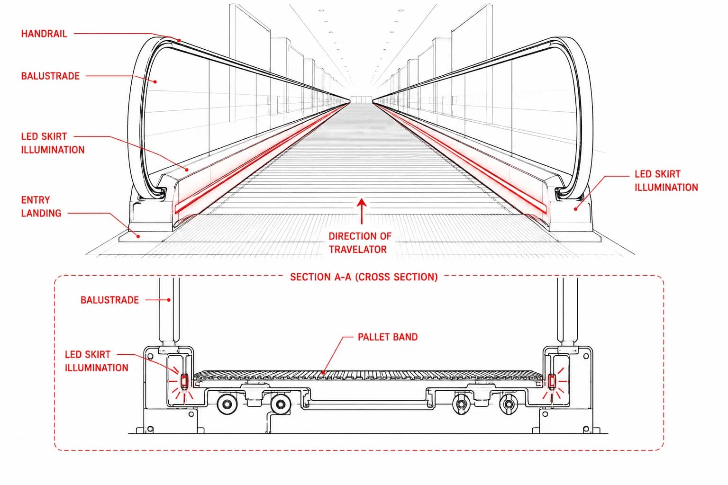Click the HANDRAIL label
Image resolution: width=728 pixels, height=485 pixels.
[x=44, y=34]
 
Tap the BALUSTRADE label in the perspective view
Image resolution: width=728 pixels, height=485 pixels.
[x=50, y=76]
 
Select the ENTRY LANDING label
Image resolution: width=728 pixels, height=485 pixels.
[x=41, y=207]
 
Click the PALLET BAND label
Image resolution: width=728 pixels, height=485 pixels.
[x=388, y=337]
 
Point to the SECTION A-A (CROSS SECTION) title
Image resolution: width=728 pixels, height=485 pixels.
[x=364, y=277]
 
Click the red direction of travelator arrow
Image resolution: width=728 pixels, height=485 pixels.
[x=362, y=211]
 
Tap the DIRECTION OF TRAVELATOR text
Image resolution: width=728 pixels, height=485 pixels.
[x=360, y=242]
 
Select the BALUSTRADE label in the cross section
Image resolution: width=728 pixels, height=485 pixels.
[x=109, y=300]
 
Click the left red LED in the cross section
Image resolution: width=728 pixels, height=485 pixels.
[x=184, y=381]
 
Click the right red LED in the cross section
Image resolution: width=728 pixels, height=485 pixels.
[x=552, y=381]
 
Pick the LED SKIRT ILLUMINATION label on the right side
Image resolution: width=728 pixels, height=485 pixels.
[x=666, y=180]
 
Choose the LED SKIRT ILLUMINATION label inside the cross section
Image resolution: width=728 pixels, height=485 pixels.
[x=97, y=361]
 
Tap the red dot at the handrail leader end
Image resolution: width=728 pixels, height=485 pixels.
[x=179, y=40]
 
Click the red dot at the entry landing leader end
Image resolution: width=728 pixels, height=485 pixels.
[x=138, y=236]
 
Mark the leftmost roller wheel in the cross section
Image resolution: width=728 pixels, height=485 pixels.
[x=227, y=404]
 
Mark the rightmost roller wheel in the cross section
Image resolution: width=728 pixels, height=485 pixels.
[x=509, y=404]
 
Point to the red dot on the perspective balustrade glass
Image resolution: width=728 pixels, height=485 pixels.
[x=155, y=81]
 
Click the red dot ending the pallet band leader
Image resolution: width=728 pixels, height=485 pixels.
[x=323, y=373]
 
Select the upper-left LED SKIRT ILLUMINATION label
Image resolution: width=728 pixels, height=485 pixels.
[x=53, y=143]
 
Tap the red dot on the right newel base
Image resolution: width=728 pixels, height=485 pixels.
[x=575, y=209]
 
